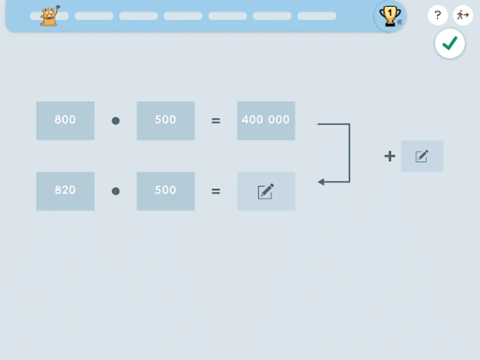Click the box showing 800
tap(65, 120)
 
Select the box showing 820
tap(65, 191)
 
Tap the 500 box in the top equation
tap(166, 120)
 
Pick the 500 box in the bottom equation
tap(166, 191)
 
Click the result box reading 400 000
tap(266, 120)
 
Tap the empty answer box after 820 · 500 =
tap(266, 191)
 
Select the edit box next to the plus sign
tap(422, 156)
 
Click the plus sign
tap(390, 156)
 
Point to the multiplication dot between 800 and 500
tap(116, 121)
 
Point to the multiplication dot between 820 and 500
tap(116, 191)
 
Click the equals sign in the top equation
tap(216, 120)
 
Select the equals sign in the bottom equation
tap(216, 191)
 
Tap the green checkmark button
tap(450, 44)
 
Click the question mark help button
tap(438, 16)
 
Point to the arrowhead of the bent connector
tap(321, 182)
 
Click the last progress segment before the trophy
tap(316, 16)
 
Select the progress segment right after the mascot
tap(94, 16)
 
